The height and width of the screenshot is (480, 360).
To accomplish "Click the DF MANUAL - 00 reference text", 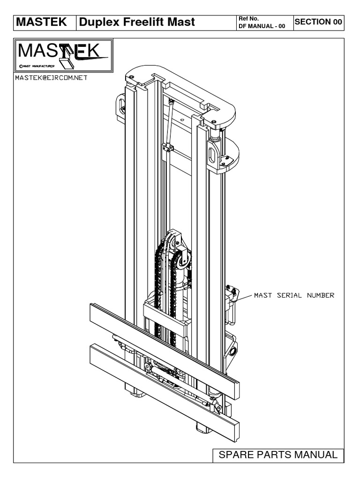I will [x=262, y=25].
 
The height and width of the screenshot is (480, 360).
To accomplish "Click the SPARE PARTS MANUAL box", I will [x=278, y=455].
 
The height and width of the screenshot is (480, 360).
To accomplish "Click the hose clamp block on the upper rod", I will [x=168, y=149].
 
